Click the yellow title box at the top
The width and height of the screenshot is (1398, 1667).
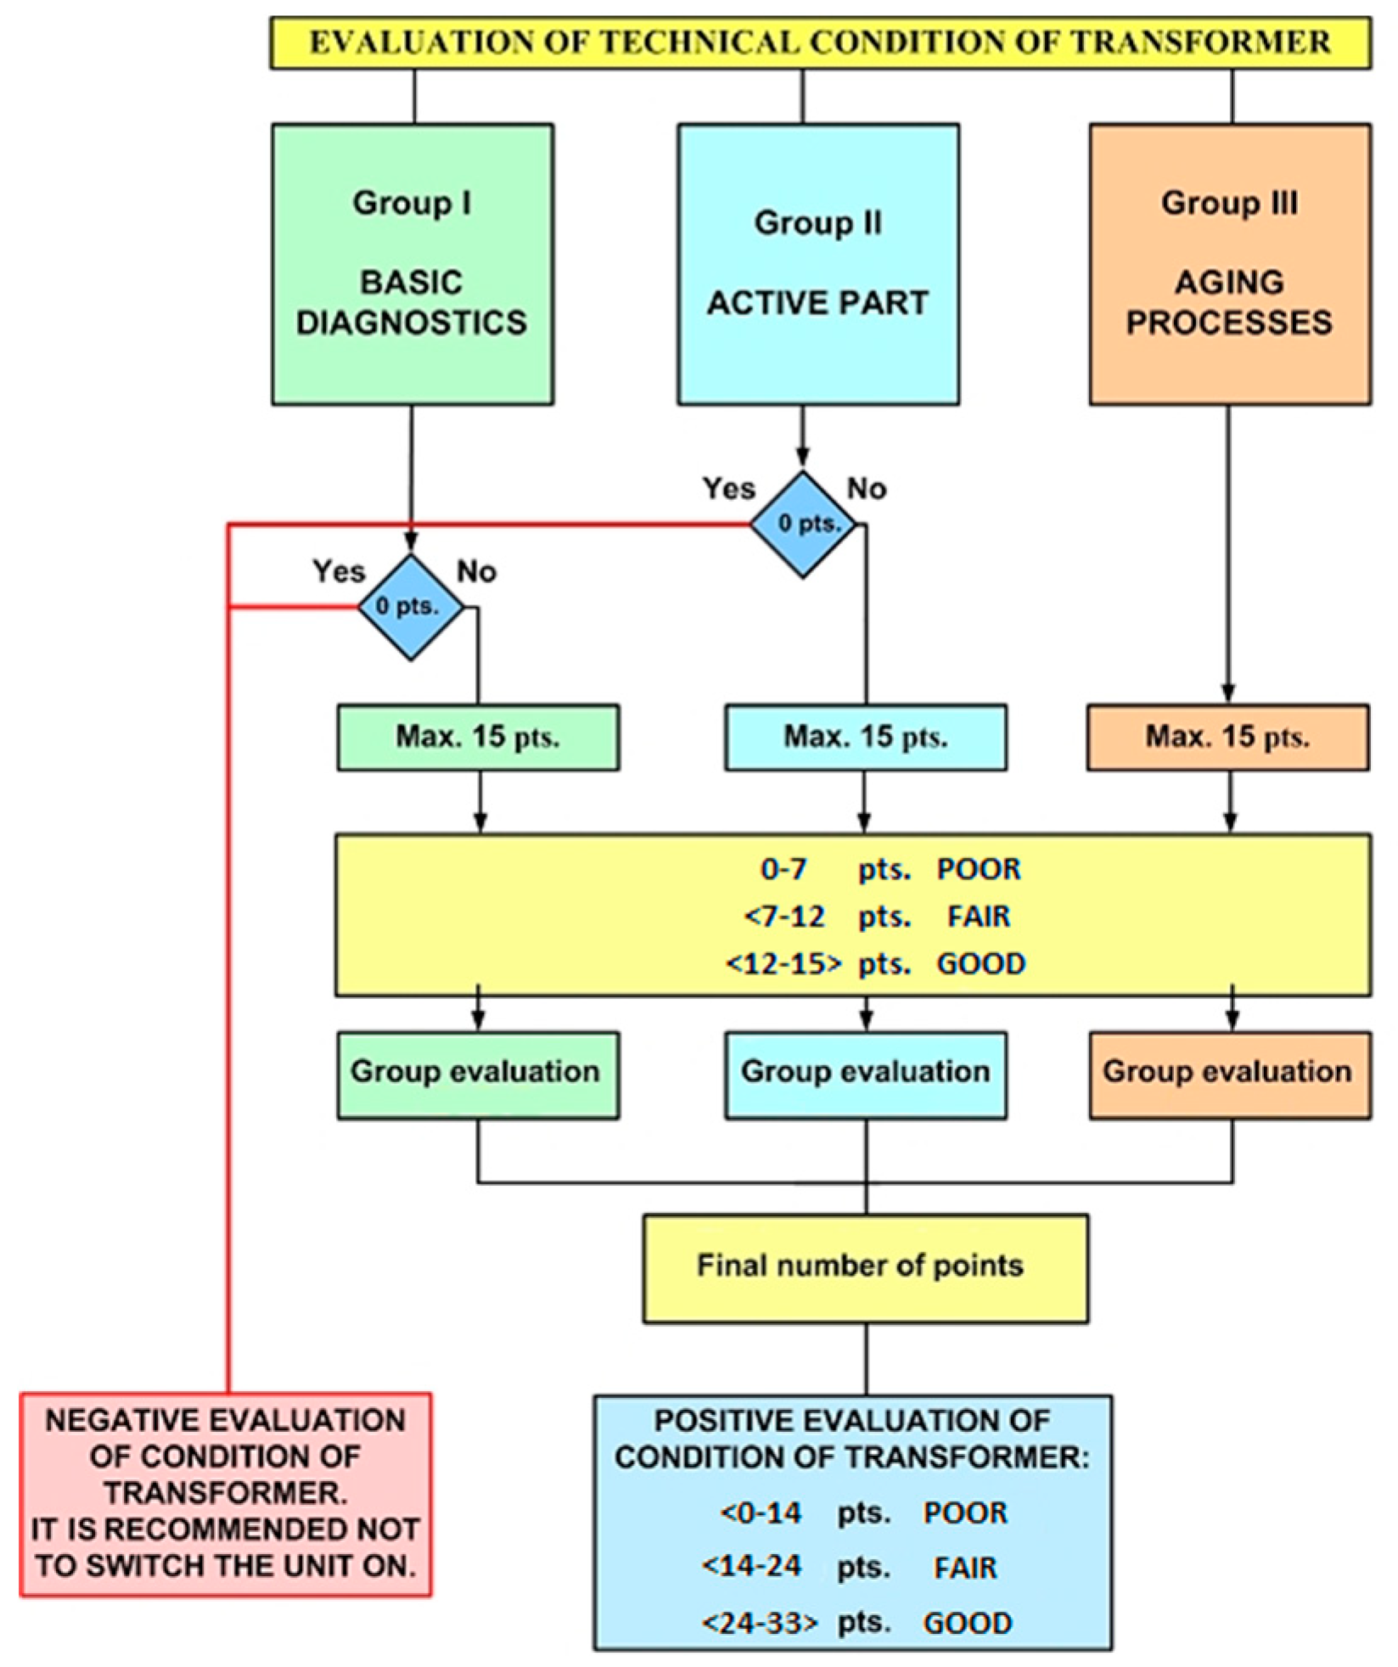(x=820, y=42)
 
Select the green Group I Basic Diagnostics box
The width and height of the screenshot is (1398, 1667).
(x=413, y=264)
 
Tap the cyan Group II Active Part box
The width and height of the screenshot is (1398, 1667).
(x=818, y=264)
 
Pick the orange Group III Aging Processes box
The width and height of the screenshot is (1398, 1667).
(x=1230, y=264)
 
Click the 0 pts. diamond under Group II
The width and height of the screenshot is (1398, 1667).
(x=803, y=525)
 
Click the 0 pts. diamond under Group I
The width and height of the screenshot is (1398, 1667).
(x=411, y=607)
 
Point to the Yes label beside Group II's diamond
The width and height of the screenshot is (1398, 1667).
(x=728, y=489)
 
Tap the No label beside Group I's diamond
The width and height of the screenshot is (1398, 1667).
(x=476, y=572)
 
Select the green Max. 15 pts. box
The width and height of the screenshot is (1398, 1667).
(x=478, y=737)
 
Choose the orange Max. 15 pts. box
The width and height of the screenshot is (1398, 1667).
(x=1227, y=737)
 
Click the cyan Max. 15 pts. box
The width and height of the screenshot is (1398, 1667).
(x=866, y=737)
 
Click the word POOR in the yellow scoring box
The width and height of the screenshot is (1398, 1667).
(x=979, y=869)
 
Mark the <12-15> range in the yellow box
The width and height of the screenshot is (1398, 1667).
(x=784, y=964)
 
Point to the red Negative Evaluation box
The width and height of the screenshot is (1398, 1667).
(x=226, y=1493)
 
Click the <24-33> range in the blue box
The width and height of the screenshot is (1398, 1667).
(x=760, y=1623)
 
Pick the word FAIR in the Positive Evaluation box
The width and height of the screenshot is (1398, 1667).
(x=965, y=1568)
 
